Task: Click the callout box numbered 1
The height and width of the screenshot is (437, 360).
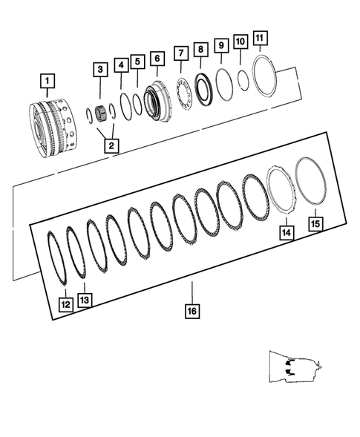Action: pos(47,79)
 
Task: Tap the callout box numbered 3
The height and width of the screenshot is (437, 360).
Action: pos(99,70)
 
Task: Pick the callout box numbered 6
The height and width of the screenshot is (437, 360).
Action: pos(156,58)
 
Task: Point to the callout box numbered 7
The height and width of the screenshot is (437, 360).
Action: pos(180,53)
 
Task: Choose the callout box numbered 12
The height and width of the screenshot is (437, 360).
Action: pos(65,303)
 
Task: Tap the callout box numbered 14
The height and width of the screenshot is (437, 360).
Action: pos(287,232)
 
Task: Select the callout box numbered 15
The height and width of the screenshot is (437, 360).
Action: pos(315,223)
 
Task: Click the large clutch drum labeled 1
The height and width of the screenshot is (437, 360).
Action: pos(51,122)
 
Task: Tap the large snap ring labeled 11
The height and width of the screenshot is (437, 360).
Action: pos(264,76)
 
